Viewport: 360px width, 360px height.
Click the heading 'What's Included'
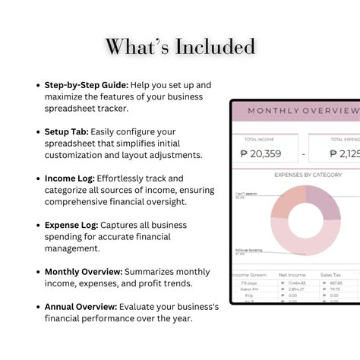coord(180,47)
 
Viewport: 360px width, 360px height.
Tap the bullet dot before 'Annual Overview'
coord(39,306)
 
